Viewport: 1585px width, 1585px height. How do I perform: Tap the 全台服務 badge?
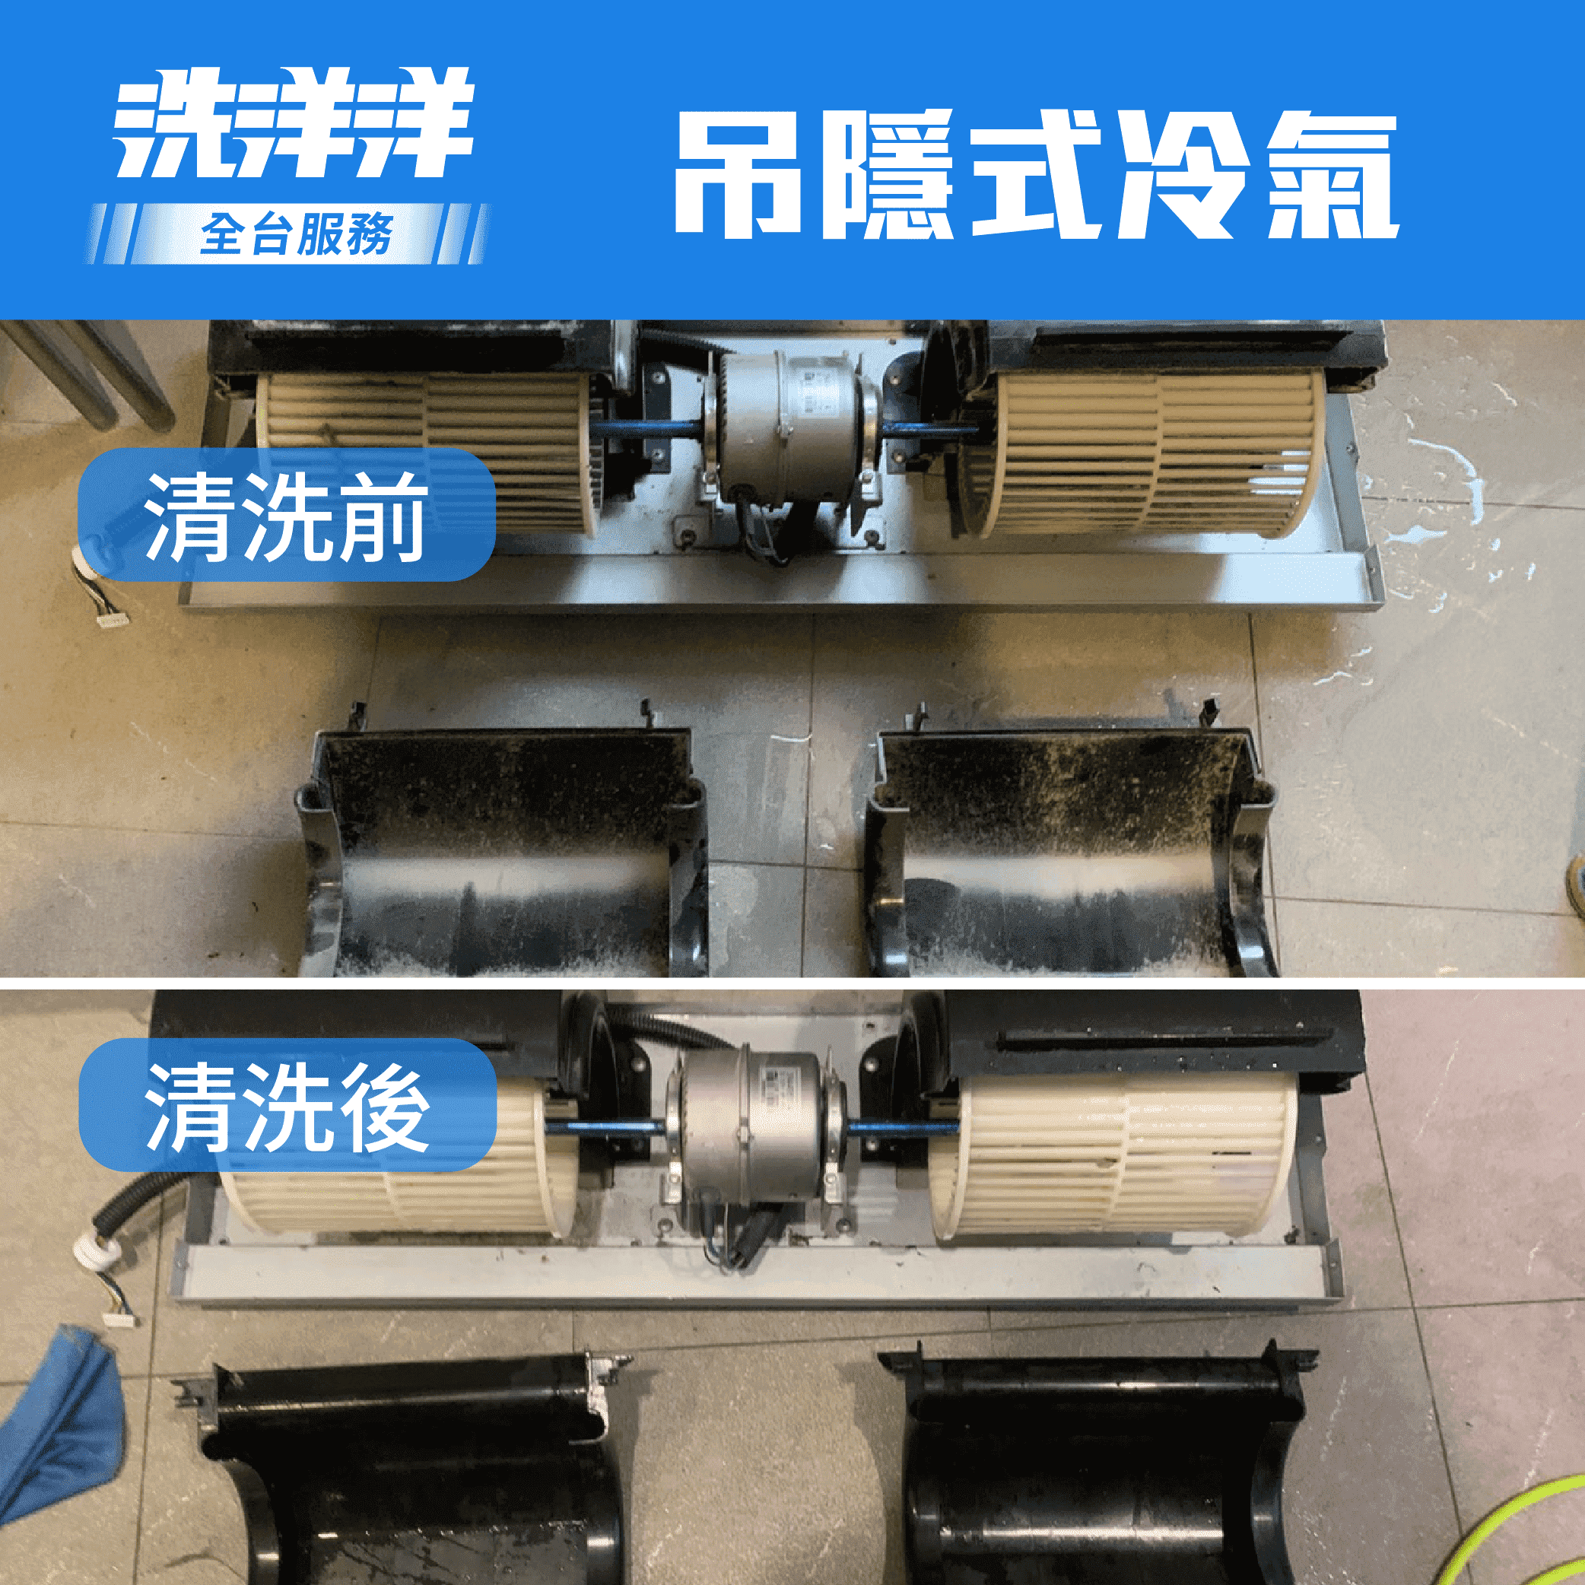pos(295,235)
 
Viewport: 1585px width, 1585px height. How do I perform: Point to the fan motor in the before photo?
pos(791,427)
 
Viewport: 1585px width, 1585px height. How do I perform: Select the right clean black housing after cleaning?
pos(1099,1469)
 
